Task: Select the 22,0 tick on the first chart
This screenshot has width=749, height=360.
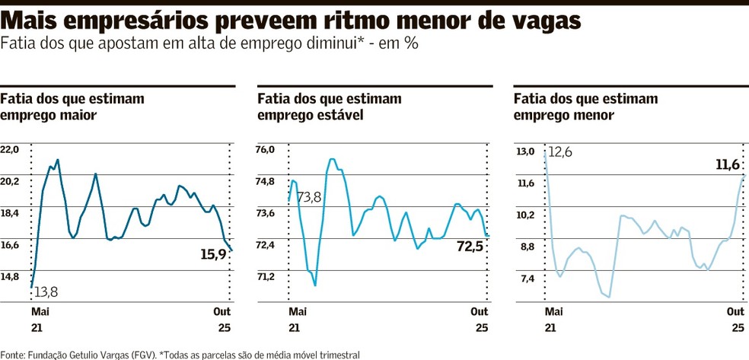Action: [10, 150]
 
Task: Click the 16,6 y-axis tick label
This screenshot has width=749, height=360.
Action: [10, 245]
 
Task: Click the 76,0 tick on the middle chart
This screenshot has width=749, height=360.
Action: [266, 150]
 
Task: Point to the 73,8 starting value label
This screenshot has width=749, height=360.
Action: [309, 198]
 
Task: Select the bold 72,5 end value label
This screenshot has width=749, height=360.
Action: [470, 246]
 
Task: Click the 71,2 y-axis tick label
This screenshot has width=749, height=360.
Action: [266, 277]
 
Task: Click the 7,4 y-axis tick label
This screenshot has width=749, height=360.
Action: [525, 279]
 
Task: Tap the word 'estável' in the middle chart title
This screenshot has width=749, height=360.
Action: [338, 116]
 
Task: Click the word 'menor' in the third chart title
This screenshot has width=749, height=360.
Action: [594, 116]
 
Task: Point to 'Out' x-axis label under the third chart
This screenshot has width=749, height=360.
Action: [735, 312]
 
